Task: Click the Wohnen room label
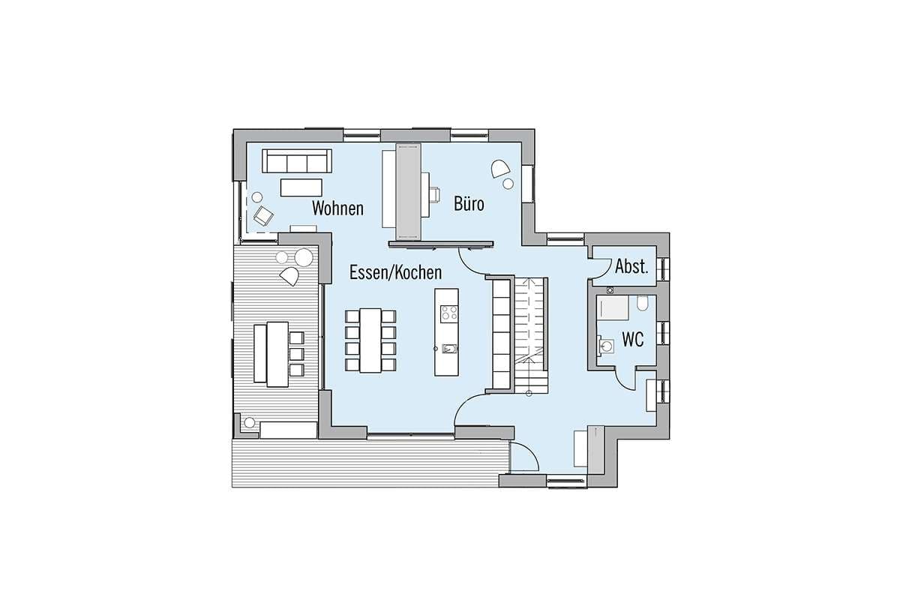point(337,208)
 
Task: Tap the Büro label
point(469,203)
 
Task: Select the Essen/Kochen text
point(395,272)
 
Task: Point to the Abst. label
point(631,266)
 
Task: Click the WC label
point(633,340)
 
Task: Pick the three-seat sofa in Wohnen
point(297,160)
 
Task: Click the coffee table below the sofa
point(301,187)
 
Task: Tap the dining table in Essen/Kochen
point(370,340)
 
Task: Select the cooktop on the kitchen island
point(448,313)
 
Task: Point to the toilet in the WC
point(642,304)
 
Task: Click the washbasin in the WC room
point(605,346)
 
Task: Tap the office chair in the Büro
point(434,194)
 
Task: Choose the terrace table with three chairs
point(277,354)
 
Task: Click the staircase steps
point(530,334)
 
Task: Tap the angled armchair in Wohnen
point(263,215)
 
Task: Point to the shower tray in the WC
point(612,307)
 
